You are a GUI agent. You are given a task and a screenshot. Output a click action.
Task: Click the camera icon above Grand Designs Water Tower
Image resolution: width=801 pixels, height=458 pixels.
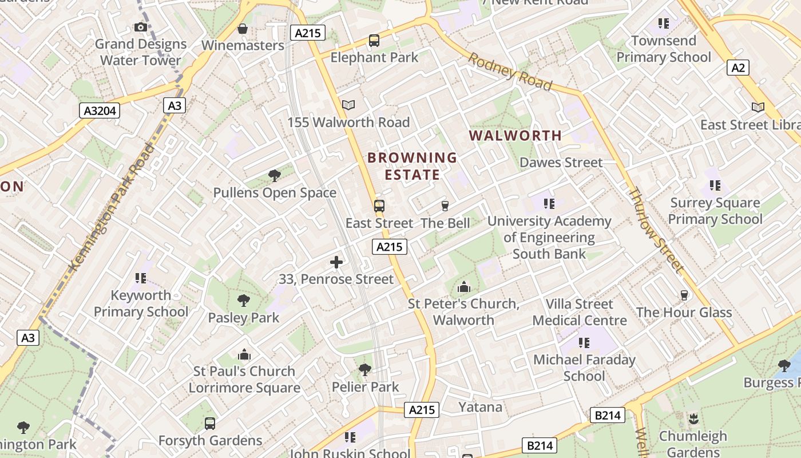point(140,26)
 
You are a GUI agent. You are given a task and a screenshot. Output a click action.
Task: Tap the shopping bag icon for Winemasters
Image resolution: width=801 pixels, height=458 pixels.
point(243,29)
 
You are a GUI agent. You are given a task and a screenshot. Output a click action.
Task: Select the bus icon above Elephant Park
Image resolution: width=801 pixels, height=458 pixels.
point(374,41)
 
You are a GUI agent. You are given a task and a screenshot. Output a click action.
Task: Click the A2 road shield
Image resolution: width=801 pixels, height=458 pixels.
point(739,68)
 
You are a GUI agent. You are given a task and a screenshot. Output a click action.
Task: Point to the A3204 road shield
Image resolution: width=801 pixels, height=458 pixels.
point(100,110)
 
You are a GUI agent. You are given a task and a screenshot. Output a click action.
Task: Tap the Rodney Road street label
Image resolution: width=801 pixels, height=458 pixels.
point(511,73)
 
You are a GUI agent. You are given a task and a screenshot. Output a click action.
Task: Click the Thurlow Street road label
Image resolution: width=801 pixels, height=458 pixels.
point(656,230)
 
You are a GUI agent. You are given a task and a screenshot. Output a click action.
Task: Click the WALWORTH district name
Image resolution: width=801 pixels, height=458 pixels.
point(516,136)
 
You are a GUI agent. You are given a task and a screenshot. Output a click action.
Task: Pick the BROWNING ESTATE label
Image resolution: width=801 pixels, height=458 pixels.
point(412,166)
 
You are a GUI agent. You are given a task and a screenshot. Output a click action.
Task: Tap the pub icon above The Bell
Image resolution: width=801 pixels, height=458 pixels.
point(445,206)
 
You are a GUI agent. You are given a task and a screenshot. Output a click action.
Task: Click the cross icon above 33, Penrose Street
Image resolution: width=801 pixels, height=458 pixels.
point(336,262)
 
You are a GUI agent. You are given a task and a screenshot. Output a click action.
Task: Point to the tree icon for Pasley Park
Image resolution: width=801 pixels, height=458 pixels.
point(244,301)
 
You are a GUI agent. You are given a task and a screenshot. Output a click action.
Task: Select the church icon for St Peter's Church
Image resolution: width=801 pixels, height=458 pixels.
point(463,286)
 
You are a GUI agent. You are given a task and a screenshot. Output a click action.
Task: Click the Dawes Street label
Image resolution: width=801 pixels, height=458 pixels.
point(561,163)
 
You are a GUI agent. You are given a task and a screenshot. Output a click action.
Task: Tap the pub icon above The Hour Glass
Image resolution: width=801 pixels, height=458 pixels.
point(684,295)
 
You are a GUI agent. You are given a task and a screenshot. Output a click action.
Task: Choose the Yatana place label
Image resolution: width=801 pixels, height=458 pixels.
point(480,407)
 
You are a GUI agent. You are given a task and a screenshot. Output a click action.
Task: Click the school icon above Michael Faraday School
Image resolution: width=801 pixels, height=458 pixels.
point(584,343)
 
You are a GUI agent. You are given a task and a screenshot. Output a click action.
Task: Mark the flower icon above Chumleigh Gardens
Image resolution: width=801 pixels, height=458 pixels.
point(693,418)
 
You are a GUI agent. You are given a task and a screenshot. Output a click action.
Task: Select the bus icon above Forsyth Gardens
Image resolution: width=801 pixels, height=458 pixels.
point(210,424)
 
